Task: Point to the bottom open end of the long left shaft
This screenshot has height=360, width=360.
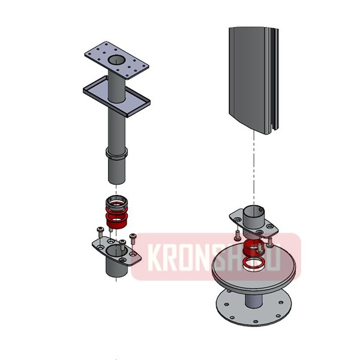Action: [x=118, y=180]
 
